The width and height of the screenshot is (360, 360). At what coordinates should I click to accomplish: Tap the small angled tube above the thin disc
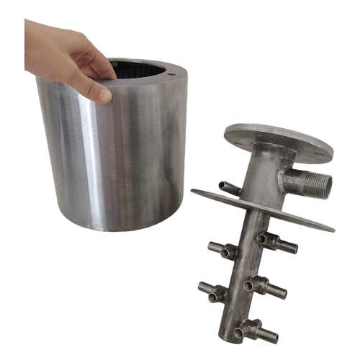(230, 188)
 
